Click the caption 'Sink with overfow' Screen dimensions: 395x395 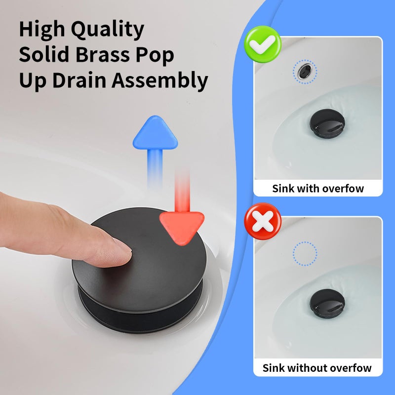click(x=318, y=188)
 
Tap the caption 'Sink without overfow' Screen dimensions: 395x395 click(x=317, y=368)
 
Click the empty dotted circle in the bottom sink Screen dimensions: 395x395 click(x=305, y=253)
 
